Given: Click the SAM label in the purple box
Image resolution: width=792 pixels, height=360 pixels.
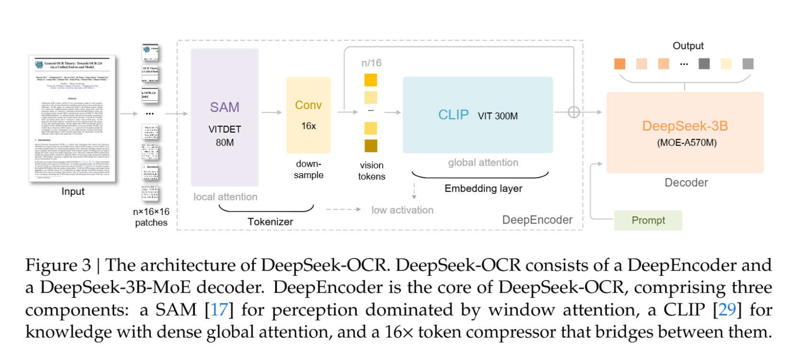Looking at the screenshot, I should pyautogui.click(x=224, y=107).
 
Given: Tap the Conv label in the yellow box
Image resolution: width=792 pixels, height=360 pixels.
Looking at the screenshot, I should pyautogui.click(x=308, y=105).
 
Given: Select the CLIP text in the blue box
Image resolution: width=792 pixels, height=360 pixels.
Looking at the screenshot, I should pyautogui.click(x=453, y=115).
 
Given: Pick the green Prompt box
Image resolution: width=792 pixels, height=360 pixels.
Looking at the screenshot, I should pyautogui.click(x=648, y=220).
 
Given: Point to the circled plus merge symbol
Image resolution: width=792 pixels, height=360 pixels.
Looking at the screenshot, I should pyautogui.click(x=573, y=112).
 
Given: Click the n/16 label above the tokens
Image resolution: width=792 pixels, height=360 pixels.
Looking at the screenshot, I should pyautogui.click(x=371, y=63).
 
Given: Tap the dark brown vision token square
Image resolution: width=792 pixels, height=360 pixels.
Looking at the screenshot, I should pyautogui.click(x=371, y=146).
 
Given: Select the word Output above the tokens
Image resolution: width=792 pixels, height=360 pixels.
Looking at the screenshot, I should pyautogui.click(x=688, y=46).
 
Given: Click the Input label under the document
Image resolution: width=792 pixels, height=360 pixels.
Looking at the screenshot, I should pyautogui.click(x=73, y=191).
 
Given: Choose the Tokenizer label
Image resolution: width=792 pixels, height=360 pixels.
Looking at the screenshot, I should pyautogui.click(x=270, y=222).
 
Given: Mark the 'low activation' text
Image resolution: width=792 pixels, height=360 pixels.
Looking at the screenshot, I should pyautogui.click(x=402, y=210).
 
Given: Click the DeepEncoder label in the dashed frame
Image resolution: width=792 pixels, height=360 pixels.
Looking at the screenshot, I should pyautogui.click(x=537, y=220).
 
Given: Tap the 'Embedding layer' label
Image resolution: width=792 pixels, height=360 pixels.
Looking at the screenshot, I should pyautogui.click(x=483, y=189).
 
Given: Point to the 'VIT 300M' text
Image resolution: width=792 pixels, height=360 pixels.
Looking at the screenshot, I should pyautogui.click(x=498, y=116).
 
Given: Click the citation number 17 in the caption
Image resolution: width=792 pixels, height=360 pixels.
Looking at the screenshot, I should pyautogui.click(x=219, y=310).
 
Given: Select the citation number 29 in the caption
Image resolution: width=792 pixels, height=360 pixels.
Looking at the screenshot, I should pyautogui.click(x=726, y=310).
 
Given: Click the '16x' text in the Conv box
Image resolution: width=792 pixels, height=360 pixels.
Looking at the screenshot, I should pyautogui.click(x=308, y=126).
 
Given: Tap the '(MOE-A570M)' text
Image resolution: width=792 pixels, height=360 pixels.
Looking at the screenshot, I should pyautogui.click(x=686, y=143).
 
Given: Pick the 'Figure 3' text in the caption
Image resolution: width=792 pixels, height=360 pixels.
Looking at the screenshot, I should pyautogui.click(x=58, y=265).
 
